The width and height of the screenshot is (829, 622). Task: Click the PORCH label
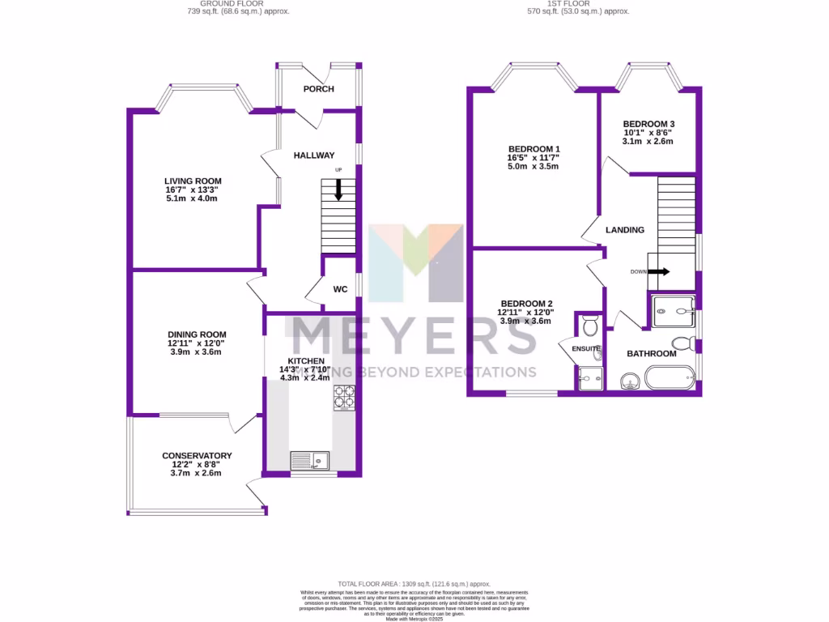[318, 89]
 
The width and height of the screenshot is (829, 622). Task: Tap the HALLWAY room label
[314, 155]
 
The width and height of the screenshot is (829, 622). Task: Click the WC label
[341, 289]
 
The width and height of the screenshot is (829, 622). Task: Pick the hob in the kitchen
[343, 397]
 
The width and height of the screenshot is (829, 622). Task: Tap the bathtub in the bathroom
[669, 377]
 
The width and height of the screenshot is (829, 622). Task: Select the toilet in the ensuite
[590, 326]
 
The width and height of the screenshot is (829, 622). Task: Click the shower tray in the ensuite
[590, 377]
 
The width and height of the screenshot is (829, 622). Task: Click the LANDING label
[625, 230]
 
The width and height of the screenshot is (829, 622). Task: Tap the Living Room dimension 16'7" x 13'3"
[193, 190]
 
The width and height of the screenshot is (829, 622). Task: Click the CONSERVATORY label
[197, 456]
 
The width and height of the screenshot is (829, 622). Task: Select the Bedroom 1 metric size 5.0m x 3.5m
[534, 166]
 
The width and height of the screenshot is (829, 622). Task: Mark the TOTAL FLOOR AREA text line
[414, 584]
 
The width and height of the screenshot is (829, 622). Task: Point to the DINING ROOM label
[197, 334]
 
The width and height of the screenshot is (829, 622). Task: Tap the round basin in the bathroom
[628, 381]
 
